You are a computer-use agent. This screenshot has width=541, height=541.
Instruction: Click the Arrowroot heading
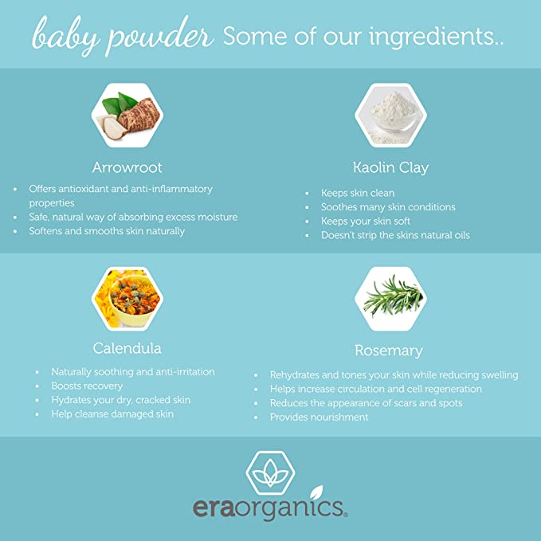(x=127, y=167)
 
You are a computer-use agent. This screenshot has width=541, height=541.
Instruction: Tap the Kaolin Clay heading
(x=390, y=167)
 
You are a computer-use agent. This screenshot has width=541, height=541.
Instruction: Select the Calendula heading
(x=127, y=348)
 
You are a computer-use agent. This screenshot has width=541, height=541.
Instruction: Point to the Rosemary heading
(x=388, y=351)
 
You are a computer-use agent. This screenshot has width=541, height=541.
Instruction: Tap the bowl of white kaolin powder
(x=390, y=116)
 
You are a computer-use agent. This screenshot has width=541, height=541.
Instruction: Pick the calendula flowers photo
(x=127, y=298)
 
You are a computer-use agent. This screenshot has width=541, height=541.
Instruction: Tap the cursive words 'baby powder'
(x=122, y=35)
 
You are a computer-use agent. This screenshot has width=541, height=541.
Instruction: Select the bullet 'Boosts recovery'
(x=87, y=386)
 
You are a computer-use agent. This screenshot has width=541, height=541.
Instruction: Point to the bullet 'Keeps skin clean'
(x=358, y=193)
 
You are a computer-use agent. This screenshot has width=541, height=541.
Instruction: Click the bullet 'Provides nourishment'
(x=320, y=418)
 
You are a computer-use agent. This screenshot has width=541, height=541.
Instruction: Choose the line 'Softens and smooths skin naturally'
(x=107, y=231)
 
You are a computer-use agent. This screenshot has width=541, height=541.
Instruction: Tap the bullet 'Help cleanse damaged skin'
(x=112, y=414)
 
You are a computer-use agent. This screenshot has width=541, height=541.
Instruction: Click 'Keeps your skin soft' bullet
(x=363, y=221)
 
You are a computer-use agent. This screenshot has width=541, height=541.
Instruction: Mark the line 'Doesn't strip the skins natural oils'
(x=395, y=235)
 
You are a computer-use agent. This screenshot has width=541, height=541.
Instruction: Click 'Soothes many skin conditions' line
(x=388, y=207)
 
